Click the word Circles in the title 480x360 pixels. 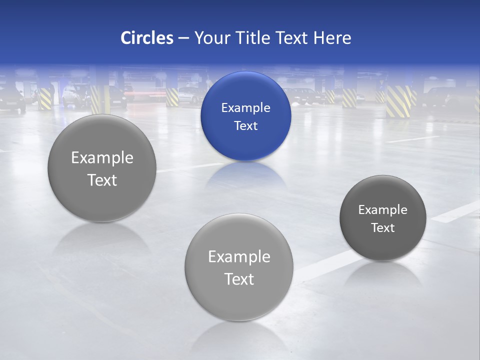pos(146,38)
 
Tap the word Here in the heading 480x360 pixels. pos(332,38)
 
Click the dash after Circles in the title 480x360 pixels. pos(183,38)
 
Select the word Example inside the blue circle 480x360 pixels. pos(245,107)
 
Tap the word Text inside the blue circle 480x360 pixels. pos(245,125)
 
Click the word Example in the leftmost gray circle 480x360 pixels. pos(102,157)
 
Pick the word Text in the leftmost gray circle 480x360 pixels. pos(102,180)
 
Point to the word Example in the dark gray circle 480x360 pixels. pos(382,209)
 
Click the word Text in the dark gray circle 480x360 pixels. pos(382,227)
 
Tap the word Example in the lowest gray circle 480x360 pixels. pos(239,256)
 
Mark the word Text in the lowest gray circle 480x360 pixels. pos(239,279)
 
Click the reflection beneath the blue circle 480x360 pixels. pos(245,175)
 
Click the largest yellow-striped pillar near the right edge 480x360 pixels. pos(398,101)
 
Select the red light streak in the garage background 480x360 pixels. pos(148,93)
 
